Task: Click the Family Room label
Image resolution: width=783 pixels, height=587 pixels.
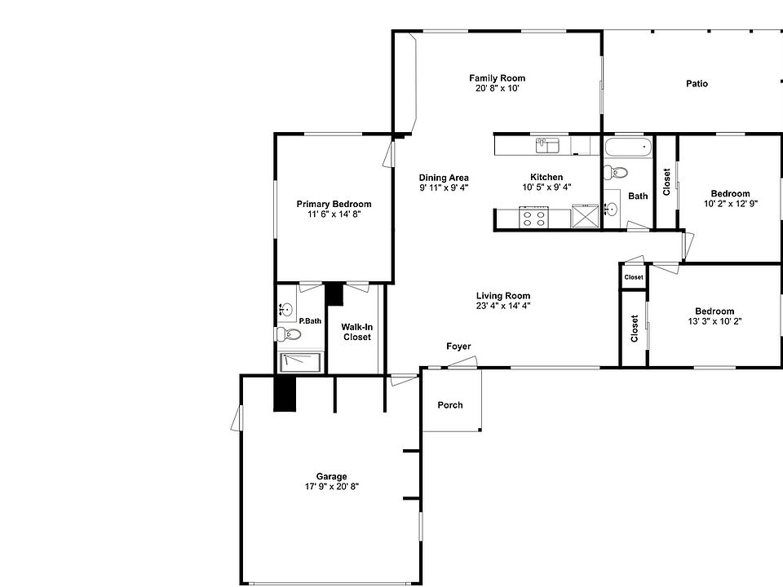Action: pyautogui.click(x=496, y=78)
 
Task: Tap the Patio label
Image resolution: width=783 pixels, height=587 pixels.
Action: pyautogui.click(x=697, y=83)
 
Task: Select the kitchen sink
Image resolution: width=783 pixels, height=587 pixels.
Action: pyautogui.click(x=547, y=145)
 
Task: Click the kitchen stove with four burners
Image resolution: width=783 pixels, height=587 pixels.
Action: pyautogui.click(x=534, y=218)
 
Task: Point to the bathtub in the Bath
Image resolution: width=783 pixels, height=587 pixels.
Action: pyautogui.click(x=628, y=148)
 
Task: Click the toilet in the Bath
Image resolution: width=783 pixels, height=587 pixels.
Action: pyautogui.click(x=614, y=172)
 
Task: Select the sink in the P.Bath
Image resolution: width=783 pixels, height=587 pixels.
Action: pyautogui.click(x=285, y=309)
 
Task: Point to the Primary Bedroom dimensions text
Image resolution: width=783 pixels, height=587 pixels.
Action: pyautogui.click(x=334, y=214)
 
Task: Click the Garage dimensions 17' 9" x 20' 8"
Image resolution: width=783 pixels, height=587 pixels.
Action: pyautogui.click(x=332, y=486)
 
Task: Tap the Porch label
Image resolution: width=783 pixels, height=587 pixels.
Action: pyautogui.click(x=450, y=405)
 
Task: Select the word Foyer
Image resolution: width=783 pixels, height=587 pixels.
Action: pyautogui.click(x=458, y=346)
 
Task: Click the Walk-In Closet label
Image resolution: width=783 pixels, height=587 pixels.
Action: pyautogui.click(x=356, y=332)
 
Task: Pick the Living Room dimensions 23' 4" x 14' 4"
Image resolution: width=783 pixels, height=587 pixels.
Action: pyautogui.click(x=503, y=306)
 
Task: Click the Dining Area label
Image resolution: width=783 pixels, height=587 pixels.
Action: pyautogui.click(x=444, y=178)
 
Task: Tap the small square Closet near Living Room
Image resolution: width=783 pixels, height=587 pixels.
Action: pyautogui.click(x=634, y=277)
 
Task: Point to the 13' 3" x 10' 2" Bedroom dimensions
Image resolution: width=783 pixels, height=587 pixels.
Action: pyautogui.click(x=714, y=321)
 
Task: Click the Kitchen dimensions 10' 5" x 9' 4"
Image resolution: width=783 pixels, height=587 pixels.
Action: pyautogui.click(x=546, y=187)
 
